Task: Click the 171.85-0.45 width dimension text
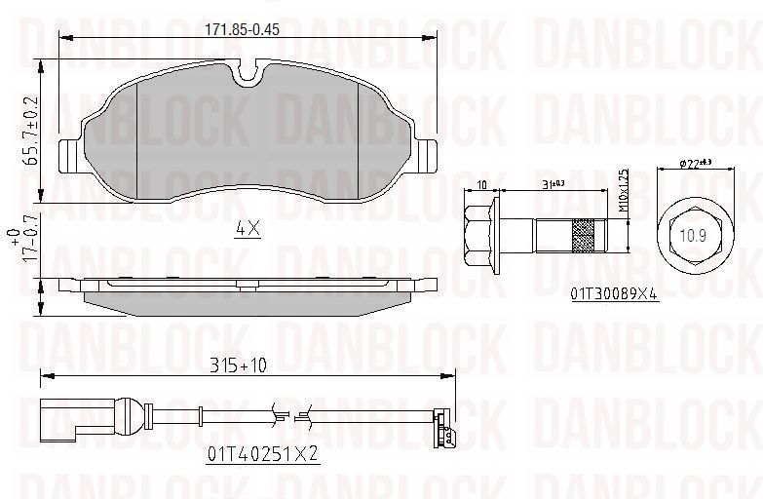coord(242,28)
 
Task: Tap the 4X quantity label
coord(248,229)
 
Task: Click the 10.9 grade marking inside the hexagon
coord(693,235)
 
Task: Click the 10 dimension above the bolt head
coord(482,183)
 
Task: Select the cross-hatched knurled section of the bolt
coord(583,234)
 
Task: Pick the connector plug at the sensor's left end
coord(57,417)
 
